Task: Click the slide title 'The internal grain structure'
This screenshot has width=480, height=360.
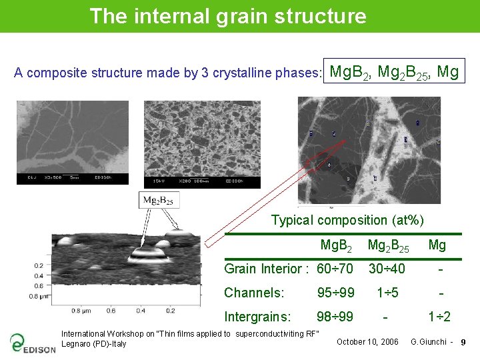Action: coord(227,15)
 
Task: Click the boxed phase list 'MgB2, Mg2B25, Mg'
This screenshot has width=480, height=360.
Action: coord(395,71)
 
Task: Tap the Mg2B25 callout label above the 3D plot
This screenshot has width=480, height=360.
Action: coord(160,200)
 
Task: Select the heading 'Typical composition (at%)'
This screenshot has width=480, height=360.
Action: coord(347,220)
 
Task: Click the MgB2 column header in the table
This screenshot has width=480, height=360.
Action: coord(336,245)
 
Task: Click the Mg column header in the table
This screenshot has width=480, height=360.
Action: coord(437,245)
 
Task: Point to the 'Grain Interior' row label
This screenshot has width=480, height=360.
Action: coord(266,269)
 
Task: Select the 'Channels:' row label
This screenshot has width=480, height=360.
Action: coord(254,293)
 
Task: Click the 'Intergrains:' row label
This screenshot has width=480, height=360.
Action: coord(257,317)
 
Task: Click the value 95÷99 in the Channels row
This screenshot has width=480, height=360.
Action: coord(335,293)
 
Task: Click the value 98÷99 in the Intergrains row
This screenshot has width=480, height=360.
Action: coord(335,317)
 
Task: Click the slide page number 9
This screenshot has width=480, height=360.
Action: coord(463,342)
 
